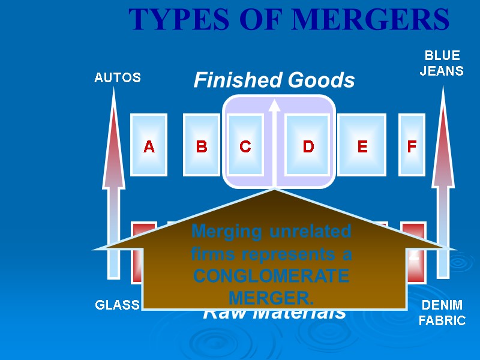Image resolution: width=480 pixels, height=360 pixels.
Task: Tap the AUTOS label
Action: click(118, 77)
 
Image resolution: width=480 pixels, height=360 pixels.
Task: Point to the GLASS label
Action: click(118, 305)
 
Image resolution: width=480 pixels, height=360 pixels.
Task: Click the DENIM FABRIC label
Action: click(442, 313)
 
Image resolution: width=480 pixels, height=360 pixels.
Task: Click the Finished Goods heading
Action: click(274, 80)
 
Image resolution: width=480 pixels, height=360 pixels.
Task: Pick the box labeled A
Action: click(149, 146)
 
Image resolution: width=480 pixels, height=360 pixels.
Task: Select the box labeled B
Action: click(202, 146)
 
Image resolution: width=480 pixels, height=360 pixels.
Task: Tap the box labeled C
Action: click(245, 146)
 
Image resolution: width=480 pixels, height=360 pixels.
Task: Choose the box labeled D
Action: click(308, 146)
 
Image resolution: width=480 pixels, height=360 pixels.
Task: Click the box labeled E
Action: click(362, 146)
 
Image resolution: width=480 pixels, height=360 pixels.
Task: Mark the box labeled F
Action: click(412, 146)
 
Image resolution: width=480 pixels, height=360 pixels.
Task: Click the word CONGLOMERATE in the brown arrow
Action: click(271, 277)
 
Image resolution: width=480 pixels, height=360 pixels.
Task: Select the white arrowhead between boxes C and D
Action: click(274, 106)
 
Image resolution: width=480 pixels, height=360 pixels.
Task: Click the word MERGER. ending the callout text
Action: click(271, 298)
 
